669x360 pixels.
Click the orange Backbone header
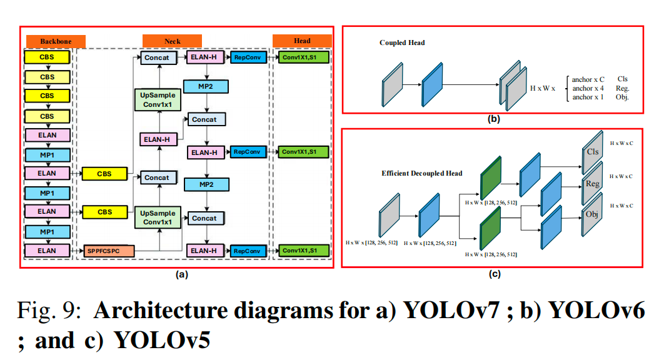click(56, 41)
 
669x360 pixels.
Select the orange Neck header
click(173, 41)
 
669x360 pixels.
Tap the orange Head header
click(302, 41)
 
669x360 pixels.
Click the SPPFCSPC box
click(109, 251)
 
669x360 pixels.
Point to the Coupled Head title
click(402, 43)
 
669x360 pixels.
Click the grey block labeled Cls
click(592, 151)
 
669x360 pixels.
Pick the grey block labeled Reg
click(592, 184)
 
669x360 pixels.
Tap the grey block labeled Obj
click(592, 214)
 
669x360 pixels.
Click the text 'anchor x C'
click(588, 80)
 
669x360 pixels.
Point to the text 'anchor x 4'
click(588, 89)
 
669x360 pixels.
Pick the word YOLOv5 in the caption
click(162, 341)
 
